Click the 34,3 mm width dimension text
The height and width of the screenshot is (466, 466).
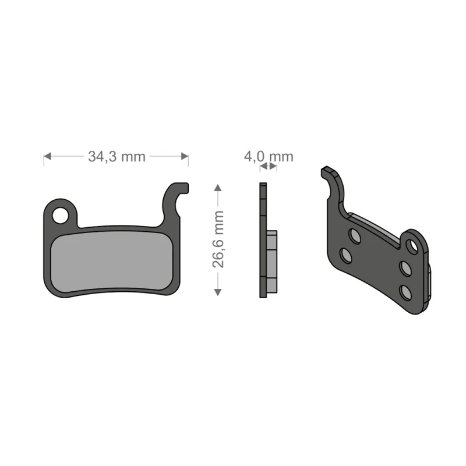coord(116,156)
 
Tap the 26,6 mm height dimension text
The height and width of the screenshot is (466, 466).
coord(218,239)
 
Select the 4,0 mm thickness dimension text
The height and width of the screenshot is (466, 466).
coord(269,156)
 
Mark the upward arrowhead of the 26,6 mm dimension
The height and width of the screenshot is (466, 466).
coord(218,188)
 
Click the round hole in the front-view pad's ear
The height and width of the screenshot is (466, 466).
coord(60,216)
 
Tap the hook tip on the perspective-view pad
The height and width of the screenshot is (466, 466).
coord(328,171)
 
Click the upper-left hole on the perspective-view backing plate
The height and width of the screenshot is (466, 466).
coord(354,235)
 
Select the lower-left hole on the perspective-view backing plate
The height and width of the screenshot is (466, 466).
coord(346,256)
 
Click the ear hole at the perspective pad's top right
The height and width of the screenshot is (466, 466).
coord(413,245)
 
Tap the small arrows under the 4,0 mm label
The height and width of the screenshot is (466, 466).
coord(268,167)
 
